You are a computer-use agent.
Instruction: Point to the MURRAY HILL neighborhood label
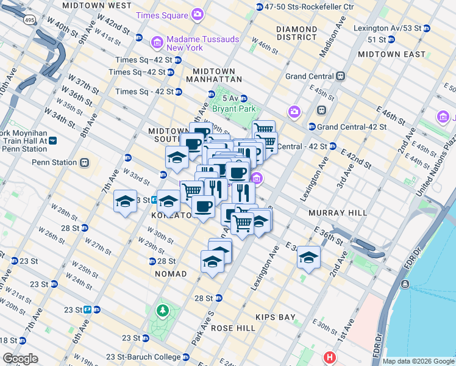click(x=337, y=213)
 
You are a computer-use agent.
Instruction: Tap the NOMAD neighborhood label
click(x=171, y=274)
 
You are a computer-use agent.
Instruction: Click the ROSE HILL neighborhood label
click(x=233, y=328)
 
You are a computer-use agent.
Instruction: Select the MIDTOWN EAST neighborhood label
click(x=391, y=54)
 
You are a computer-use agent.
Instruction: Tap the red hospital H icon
click(x=330, y=357)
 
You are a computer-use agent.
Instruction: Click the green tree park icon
click(x=163, y=311)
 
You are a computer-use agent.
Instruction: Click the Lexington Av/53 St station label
click(x=387, y=28)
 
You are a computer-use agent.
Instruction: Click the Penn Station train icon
click(x=84, y=163)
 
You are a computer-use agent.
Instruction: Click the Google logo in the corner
click(x=21, y=358)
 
